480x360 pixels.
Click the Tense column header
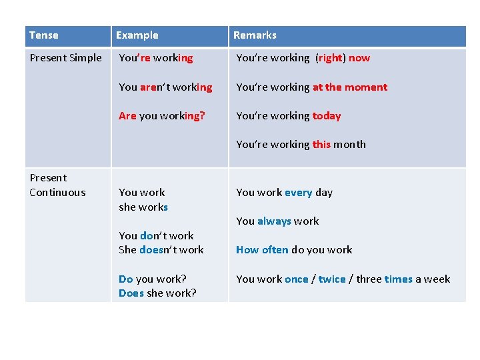[x=44, y=35]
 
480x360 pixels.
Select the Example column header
[x=137, y=35]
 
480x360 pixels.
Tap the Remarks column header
[x=255, y=35]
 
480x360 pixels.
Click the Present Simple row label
[x=65, y=58]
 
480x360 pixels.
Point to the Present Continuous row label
[x=57, y=185]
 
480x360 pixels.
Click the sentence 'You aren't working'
[x=165, y=87]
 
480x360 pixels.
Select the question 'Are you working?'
[x=162, y=116]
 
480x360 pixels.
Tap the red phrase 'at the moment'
[x=350, y=87]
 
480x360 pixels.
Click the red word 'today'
[x=327, y=116]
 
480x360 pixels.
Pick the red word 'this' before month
[x=321, y=145]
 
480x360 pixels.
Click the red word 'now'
[x=359, y=58]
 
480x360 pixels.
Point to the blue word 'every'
[x=298, y=193]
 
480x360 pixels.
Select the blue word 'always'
[x=274, y=221]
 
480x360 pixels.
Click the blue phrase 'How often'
[x=262, y=250]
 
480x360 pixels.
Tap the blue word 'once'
[x=296, y=279]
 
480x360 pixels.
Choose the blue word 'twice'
[x=332, y=279]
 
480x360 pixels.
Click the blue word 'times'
[x=399, y=279]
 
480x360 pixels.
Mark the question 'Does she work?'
[x=157, y=293]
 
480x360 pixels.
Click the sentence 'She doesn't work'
[x=161, y=250]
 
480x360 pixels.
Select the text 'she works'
[x=143, y=207]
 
